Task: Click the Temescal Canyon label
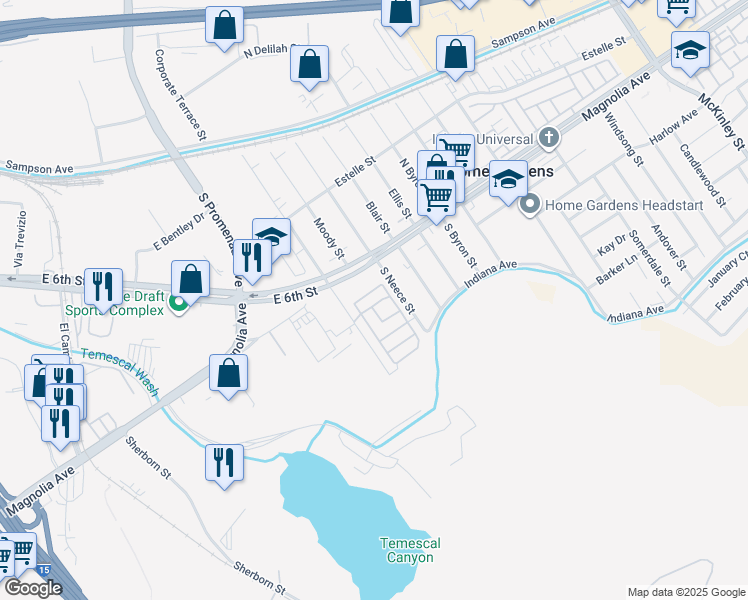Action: [x=410, y=550]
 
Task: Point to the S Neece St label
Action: [x=397, y=290]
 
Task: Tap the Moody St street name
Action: [x=329, y=237]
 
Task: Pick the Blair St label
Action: [x=377, y=217]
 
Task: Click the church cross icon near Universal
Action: [x=547, y=137]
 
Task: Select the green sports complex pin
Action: [x=179, y=304]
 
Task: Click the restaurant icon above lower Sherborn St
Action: [x=223, y=462]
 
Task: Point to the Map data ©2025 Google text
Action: [x=685, y=592]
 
